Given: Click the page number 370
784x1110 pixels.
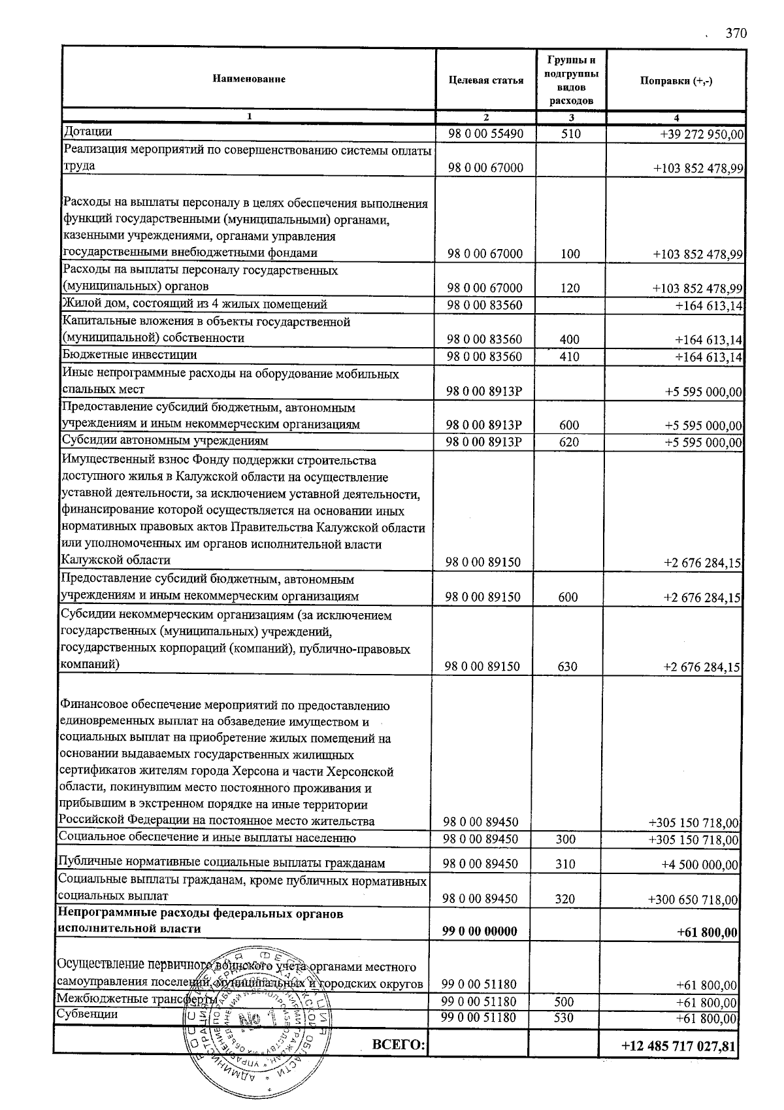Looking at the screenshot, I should click(x=736, y=34).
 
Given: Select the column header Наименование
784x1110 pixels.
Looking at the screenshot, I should click(x=249, y=79).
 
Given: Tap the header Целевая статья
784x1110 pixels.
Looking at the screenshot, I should click(x=486, y=80).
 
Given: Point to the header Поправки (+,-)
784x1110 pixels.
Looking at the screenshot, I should click(x=676, y=80).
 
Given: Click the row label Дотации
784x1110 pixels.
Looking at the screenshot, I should click(x=88, y=132).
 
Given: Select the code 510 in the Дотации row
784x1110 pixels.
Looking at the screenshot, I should click(x=570, y=135).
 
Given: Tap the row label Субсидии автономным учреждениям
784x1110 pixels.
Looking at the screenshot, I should click(x=165, y=441).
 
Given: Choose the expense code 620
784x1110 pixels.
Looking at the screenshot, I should click(x=569, y=443).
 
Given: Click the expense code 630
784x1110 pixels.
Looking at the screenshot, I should click(x=567, y=667).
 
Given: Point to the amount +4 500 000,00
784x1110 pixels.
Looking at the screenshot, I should click(x=700, y=864).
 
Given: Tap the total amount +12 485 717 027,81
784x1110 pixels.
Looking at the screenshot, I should click(x=679, y=1047).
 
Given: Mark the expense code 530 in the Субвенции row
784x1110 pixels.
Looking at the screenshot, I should click(x=565, y=1018).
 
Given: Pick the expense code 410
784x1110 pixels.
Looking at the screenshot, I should click(x=570, y=357).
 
